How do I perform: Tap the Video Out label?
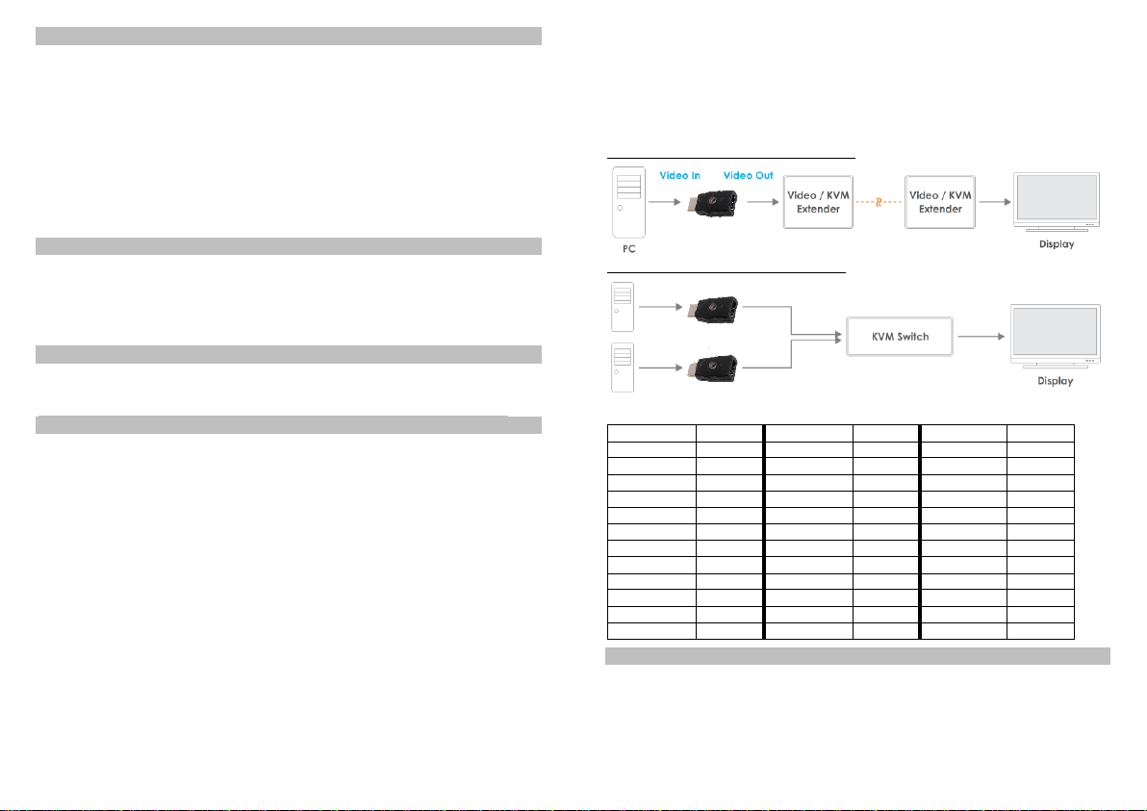coord(748,175)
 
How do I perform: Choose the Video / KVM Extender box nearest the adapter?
coord(818,202)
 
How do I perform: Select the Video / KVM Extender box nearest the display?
coord(940,202)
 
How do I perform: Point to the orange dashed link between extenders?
coord(879,203)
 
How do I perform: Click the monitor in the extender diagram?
coord(1057,202)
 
